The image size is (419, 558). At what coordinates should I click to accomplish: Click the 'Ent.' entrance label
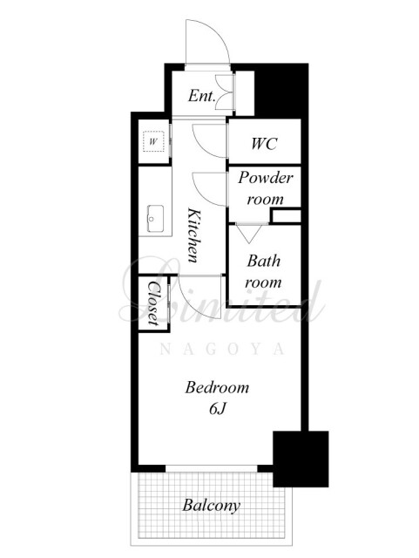pyautogui.click(x=202, y=96)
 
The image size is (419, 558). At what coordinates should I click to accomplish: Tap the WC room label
pyautogui.click(x=264, y=143)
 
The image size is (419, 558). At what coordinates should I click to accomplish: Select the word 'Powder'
pyautogui.click(x=266, y=178)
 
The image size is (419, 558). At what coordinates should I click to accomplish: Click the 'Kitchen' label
pyautogui.click(x=195, y=235)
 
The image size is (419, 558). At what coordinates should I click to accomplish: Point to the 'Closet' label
pyautogui.click(x=153, y=303)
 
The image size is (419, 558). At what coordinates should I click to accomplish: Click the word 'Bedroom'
pyautogui.click(x=217, y=387)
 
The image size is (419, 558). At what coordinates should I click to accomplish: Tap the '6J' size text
pyautogui.click(x=217, y=409)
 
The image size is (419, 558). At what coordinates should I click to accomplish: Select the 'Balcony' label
pyautogui.click(x=212, y=506)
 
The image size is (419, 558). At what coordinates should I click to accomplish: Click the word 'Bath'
pyautogui.click(x=264, y=261)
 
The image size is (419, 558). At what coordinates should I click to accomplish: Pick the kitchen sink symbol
pyautogui.click(x=155, y=219)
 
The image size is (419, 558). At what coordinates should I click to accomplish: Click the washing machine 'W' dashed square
pyautogui.click(x=153, y=141)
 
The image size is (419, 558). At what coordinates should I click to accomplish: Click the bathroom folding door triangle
pyautogui.click(x=249, y=234)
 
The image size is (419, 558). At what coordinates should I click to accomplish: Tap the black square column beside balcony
pyautogui.click(x=301, y=459)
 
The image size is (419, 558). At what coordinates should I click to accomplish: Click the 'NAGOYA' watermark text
pyautogui.click(x=222, y=349)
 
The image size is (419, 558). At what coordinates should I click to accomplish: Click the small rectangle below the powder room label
pyautogui.click(x=286, y=216)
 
